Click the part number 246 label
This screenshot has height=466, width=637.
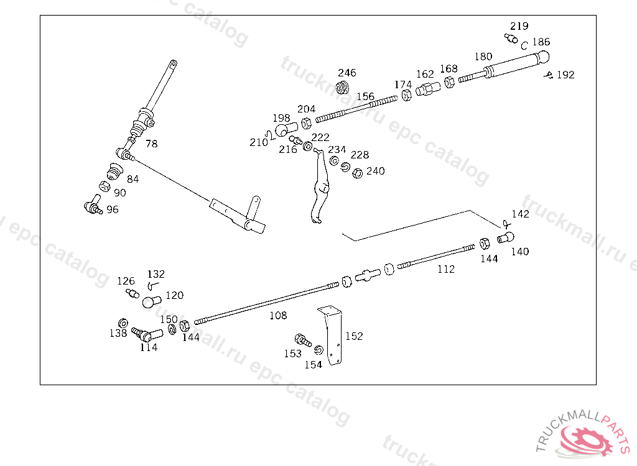347,73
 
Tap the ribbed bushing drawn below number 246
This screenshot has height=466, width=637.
343,87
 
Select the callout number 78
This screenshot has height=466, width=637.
152,144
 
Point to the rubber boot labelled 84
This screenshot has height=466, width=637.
114,171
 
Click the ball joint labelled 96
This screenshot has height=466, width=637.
93,204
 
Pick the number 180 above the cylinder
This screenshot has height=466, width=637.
483,57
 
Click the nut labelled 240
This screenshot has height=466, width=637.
357,173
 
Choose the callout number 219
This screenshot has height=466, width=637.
519,26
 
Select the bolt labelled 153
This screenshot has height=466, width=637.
303,340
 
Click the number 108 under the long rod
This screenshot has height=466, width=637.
278,315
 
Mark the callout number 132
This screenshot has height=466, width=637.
156,274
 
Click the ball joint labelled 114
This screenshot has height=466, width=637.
147,335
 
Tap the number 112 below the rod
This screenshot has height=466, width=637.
445,269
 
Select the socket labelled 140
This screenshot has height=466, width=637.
506,237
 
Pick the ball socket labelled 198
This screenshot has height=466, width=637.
286,129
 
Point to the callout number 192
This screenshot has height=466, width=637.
565,75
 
